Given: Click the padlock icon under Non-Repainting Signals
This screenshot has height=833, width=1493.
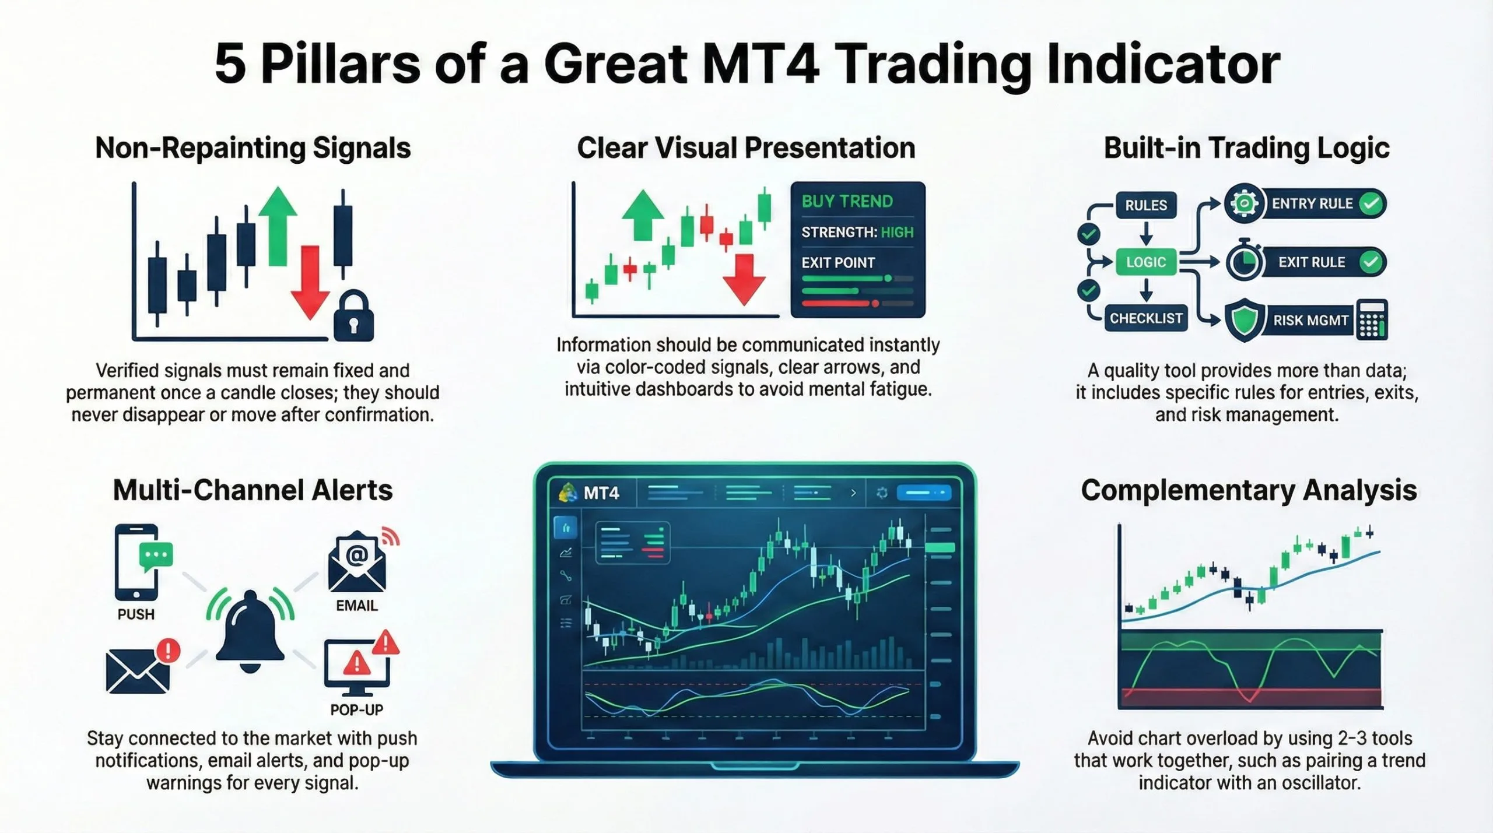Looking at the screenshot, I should [353, 317].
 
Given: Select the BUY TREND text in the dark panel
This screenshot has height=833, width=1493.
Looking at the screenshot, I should [847, 202].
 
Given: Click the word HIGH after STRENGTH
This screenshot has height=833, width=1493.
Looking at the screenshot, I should [897, 233].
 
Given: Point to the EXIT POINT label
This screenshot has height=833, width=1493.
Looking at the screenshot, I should [837, 263].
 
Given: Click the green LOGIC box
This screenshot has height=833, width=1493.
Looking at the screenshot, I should [1145, 262].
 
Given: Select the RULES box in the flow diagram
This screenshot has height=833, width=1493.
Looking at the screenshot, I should [1145, 205].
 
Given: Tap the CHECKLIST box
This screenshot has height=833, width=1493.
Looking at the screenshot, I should [1145, 318].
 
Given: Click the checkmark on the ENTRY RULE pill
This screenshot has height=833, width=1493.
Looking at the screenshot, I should [1371, 203].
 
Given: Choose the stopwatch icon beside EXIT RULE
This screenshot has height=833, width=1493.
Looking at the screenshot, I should [1244, 262].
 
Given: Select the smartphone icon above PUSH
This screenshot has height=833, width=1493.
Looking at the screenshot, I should [136, 563].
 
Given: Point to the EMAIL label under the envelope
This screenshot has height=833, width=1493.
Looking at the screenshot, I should [356, 606].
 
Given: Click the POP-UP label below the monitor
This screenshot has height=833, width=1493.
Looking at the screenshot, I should [356, 710].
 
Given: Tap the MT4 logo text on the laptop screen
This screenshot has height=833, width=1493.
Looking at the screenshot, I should [601, 494].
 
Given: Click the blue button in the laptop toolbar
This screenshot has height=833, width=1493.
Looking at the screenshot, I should [923, 493].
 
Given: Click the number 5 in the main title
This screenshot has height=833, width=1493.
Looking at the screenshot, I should [230, 64].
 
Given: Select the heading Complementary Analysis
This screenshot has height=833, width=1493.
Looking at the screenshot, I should [1249, 490].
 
